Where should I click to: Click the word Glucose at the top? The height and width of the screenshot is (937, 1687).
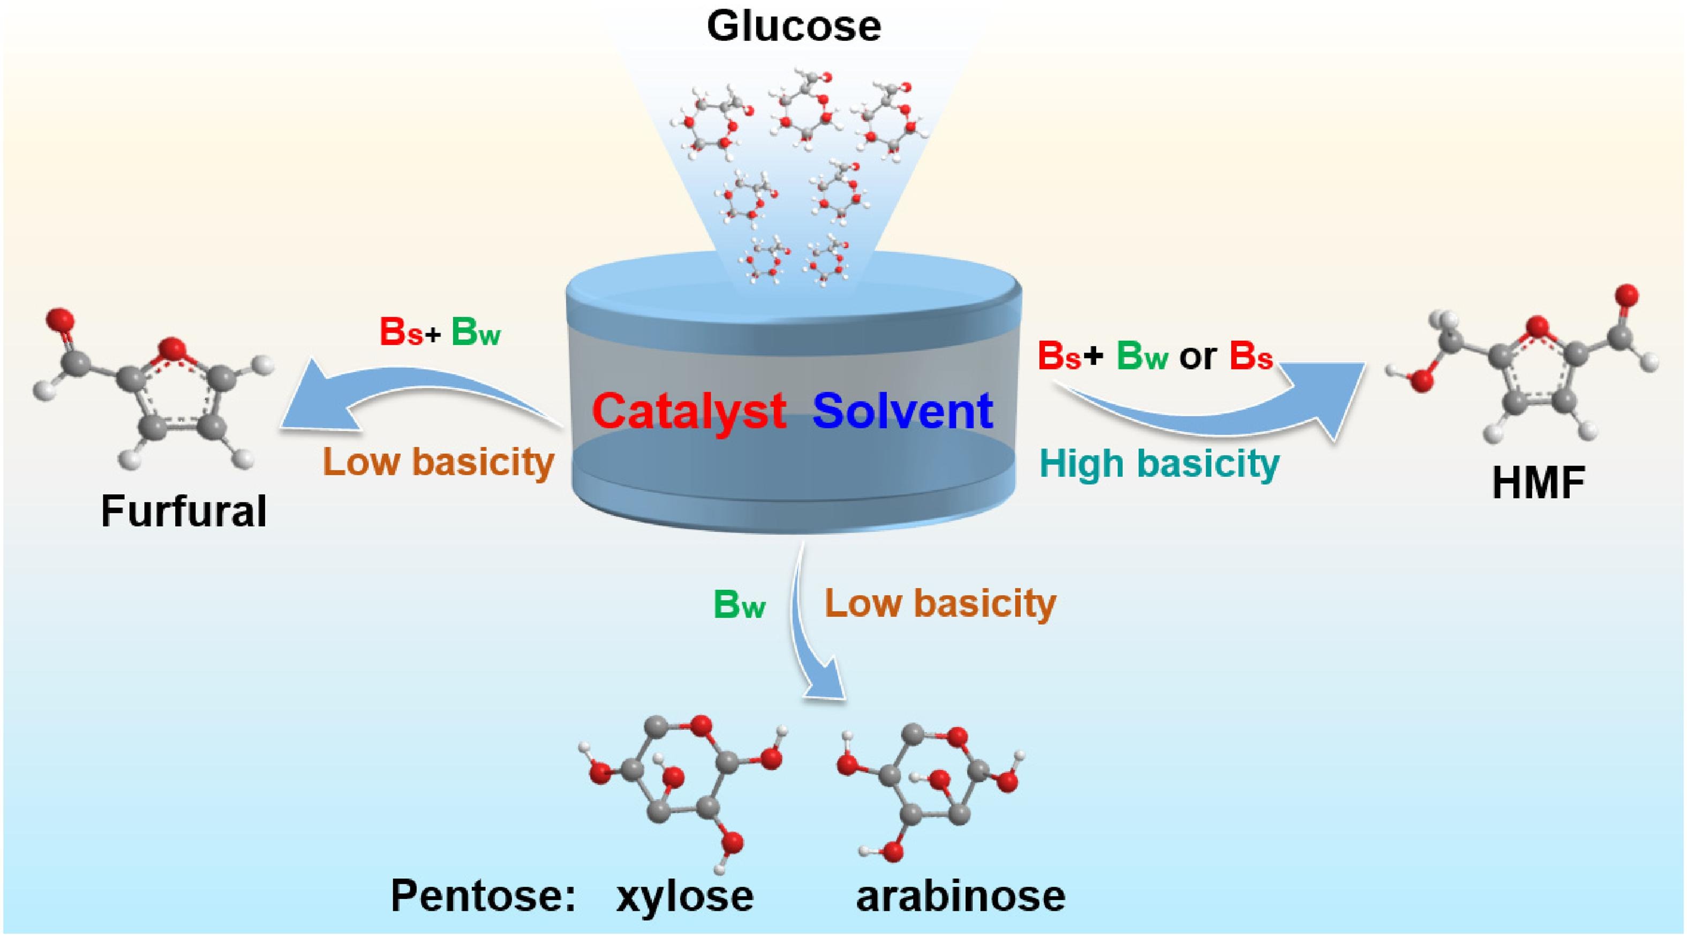[x=794, y=27]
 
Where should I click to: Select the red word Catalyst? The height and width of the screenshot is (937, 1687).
[x=689, y=411]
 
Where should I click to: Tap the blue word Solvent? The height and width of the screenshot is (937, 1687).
[x=903, y=411]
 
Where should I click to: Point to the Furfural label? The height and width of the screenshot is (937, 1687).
[x=184, y=511]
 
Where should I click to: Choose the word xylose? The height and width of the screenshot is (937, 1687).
[x=685, y=895]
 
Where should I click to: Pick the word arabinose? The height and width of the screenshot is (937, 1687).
[x=961, y=895]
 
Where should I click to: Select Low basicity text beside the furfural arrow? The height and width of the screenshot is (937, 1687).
[x=439, y=462]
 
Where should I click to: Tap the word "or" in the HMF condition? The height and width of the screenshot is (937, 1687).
[x=1198, y=358]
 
